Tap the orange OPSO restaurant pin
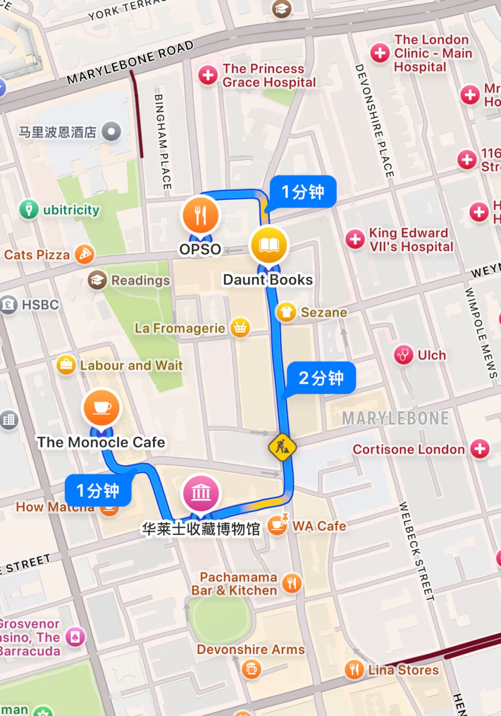[x=200, y=215]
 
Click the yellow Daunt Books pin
[x=269, y=246]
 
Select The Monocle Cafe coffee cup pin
[x=102, y=407]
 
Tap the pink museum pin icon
[x=201, y=493]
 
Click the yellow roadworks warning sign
[x=282, y=447]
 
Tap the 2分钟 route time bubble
[x=321, y=378]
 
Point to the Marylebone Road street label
[x=130, y=62]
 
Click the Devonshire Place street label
[x=374, y=120]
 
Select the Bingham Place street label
[x=162, y=141]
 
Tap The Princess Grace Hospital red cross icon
[x=208, y=75]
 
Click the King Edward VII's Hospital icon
[x=355, y=240]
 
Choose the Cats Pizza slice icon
[x=84, y=254]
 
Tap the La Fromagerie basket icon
[x=240, y=328]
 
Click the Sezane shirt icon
[x=286, y=312]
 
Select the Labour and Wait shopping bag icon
[x=66, y=365]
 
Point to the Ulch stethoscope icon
[x=403, y=355]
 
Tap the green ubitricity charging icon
[x=29, y=209]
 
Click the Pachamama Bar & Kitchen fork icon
[x=292, y=583]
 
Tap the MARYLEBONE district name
[x=395, y=418]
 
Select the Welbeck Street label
[x=417, y=551]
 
